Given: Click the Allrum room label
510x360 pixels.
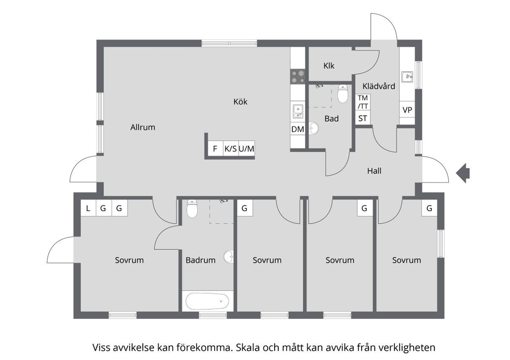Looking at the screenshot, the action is point(142,127).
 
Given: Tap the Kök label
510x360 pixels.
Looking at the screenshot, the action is point(240,101).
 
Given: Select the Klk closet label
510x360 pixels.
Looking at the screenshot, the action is point(329,66).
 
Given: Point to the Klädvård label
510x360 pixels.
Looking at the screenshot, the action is point(379,86).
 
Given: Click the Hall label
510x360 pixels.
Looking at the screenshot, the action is point(374,171).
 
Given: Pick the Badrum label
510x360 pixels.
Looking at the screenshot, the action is point(200,260).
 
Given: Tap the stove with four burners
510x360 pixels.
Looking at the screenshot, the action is point(298,76).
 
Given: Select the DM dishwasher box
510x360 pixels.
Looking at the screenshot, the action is point(298,129).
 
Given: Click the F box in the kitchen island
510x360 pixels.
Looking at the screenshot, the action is point(215,148).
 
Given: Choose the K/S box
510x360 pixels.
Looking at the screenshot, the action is point(230,148).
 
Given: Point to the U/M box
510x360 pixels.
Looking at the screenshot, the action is point(247,148).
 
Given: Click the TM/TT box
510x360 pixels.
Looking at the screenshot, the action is point(363,102).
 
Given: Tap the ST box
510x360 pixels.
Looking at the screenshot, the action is point(363,119).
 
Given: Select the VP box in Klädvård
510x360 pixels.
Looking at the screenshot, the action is point(407,110).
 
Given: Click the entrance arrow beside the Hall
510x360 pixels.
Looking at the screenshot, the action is point(463,173).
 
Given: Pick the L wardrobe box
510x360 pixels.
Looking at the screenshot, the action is point(88,208).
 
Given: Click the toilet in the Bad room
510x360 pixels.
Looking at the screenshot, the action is point(343,94).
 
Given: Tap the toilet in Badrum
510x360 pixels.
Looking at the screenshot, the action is point(192,208).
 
